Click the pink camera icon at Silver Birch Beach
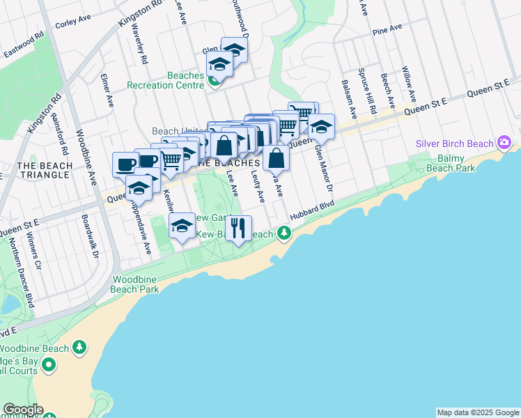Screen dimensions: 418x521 (x=504, y=144)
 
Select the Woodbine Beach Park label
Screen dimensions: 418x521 (x=136, y=284)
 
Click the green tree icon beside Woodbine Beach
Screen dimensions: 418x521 (x=80, y=348)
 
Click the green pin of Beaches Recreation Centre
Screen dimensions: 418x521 (x=215, y=82)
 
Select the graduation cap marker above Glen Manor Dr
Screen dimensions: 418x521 (x=321, y=127)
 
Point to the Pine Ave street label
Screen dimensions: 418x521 (x=387, y=29)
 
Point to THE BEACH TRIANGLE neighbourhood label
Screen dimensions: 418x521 (x=43, y=170)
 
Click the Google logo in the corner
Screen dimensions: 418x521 (x=22, y=410)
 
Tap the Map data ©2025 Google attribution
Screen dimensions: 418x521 (x=477, y=412)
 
